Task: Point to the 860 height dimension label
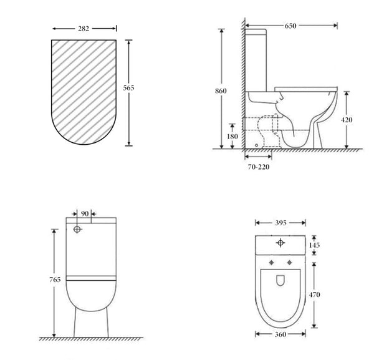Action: (x=221, y=91)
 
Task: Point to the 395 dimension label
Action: (x=280, y=223)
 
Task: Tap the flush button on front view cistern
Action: (x=79, y=230)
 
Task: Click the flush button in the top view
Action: (x=280, y=242)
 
